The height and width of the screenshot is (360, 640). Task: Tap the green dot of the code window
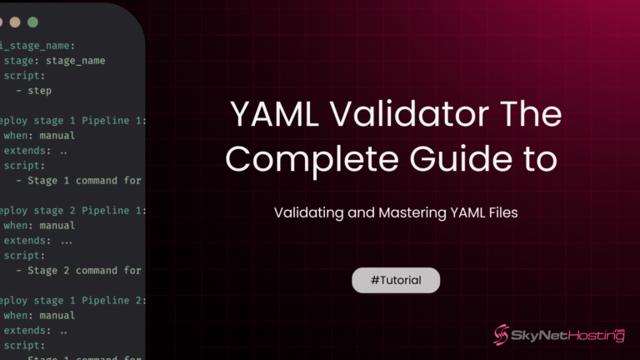(x=33, y=22)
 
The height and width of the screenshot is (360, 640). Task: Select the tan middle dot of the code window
(x=15, y=22)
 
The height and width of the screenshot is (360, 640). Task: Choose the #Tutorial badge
(x=395, y=281)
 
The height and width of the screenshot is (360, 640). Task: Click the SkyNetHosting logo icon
(x=502, y=335)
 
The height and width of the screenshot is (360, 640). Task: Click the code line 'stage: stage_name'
(x=54, y=61)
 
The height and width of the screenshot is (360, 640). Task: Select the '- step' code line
(x=33, y=91)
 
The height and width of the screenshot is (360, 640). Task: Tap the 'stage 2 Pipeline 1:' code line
(x=73, y=211)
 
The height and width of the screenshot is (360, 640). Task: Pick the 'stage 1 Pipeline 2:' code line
(x=73, y=301)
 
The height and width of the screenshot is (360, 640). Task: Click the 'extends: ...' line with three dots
(x=38, y=241)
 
